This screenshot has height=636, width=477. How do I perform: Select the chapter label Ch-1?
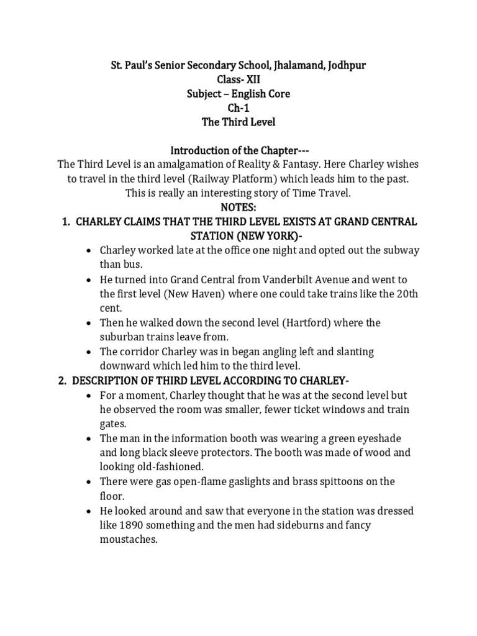click(238, 108)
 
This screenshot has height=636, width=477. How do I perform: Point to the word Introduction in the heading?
click(198, 150)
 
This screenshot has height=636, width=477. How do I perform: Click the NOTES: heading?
click(238, 207)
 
